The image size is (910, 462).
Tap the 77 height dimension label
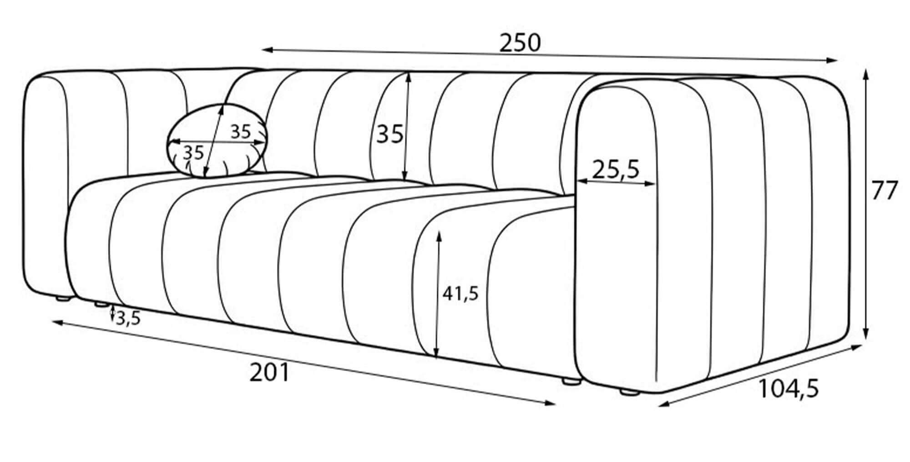click(884, 191)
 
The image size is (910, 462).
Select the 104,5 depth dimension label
click(789, 389)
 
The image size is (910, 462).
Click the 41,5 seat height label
click(460, 294)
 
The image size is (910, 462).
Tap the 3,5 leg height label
click(128, 319)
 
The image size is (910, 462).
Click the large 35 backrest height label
click(390, 134)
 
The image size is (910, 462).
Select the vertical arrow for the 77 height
click(866, 205)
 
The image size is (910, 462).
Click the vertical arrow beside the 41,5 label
click(437, 295)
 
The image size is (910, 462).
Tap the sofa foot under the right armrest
click(629, 391)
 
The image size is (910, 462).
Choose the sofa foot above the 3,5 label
click(102, 305)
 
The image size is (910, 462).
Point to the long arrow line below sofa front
click(304, 363)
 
